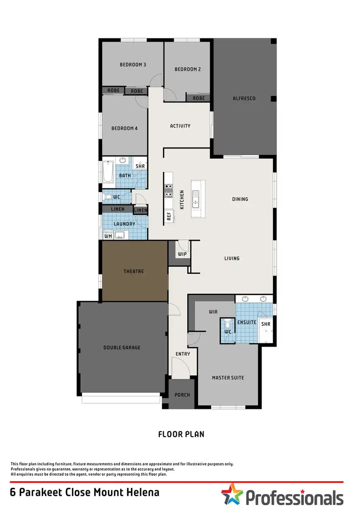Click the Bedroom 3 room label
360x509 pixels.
(132, 64)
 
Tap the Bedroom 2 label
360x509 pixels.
(187, 69)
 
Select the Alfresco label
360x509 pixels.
(244, 98)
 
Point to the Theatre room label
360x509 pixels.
(134, 271)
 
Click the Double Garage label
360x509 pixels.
(122, 347)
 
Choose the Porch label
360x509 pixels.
(182, 395)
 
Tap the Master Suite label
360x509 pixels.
(228, 377)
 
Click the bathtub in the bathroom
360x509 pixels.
(108, 172)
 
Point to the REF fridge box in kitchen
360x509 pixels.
(169, 216)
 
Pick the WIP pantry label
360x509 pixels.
(182, 254)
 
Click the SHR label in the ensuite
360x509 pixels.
(265, 324)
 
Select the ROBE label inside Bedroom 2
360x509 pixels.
(199, 98)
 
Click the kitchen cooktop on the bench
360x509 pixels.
(168, 191)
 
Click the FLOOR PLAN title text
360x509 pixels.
(181, 434)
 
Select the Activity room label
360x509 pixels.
(180, 126)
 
